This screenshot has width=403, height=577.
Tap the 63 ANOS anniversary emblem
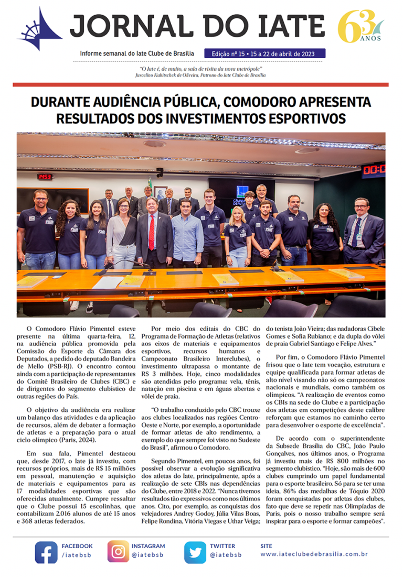point(360,26)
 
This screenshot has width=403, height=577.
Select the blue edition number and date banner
point(265,53)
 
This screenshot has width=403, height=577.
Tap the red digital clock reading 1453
point(44,177)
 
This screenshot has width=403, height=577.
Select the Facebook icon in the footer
point(46,552)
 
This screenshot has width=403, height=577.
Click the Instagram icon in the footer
point(118,552)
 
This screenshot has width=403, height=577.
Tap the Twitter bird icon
point(195,552)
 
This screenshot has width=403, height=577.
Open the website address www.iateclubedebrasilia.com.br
point(313,554)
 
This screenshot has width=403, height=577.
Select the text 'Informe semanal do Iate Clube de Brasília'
point(136,54)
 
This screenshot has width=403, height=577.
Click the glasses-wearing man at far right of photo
point(363,231)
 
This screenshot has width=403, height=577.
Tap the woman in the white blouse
point(122,231)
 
